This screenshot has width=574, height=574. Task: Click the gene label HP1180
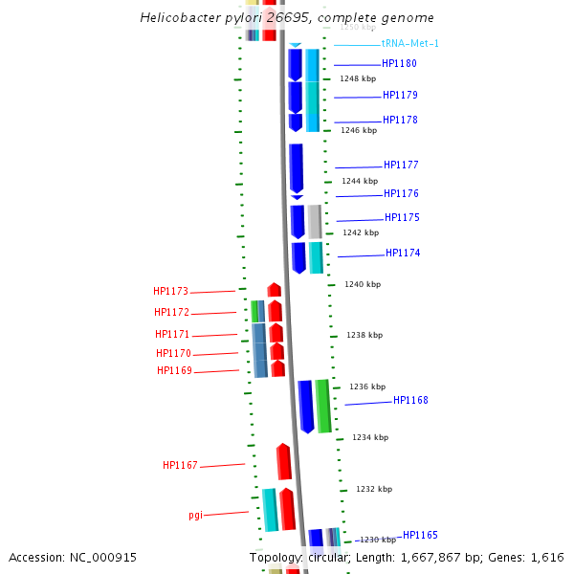[x=399, y=64]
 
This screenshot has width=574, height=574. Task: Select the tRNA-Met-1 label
[x=410, y=44]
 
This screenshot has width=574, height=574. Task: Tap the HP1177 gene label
[x=401, y=166]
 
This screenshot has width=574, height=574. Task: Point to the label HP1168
[x=410, y=401]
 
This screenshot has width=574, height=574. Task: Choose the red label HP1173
[x=170, y=292]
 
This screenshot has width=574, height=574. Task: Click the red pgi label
[x=195, y=515]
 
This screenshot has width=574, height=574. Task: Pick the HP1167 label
[x=180, y=466]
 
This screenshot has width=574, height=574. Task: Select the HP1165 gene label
[x=420, y=536]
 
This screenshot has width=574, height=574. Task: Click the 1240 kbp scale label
[x=363, y=284]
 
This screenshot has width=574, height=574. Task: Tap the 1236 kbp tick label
[x=367, y=386]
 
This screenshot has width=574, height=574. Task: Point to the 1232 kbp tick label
[x=374, y=489]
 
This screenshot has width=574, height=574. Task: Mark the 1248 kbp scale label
[x=358, y=78]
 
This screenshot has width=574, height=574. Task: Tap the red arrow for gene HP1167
[x=284, y=461]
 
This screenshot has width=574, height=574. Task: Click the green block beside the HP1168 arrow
[x=323, y=406]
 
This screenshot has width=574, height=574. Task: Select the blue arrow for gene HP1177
[x=297, y=167]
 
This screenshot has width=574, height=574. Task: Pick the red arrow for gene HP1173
[x=275, y=290]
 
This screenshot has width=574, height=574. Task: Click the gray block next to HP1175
[x=314, y=221]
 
